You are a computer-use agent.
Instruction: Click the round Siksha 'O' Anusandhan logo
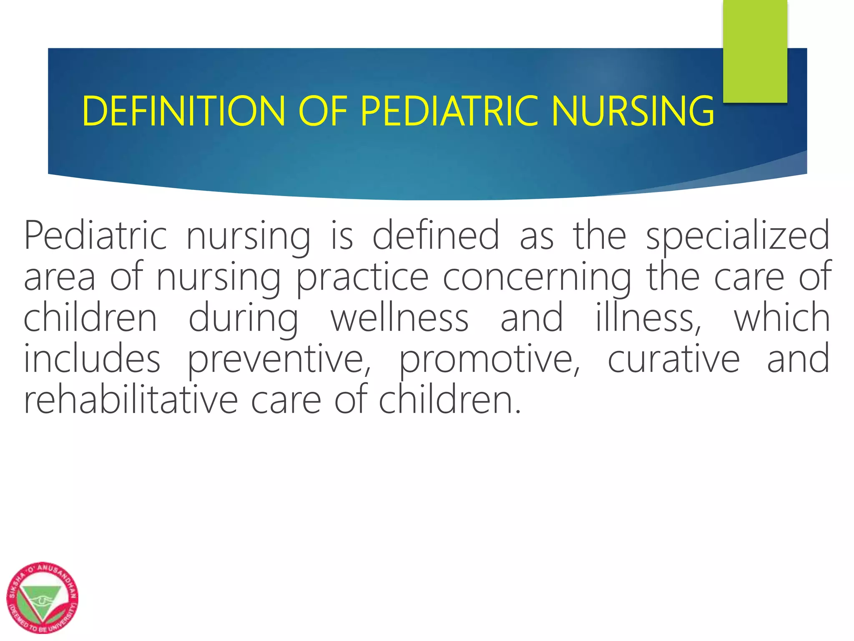click(x=43, y=597)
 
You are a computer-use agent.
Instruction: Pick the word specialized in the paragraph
click(x=738, y=236)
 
